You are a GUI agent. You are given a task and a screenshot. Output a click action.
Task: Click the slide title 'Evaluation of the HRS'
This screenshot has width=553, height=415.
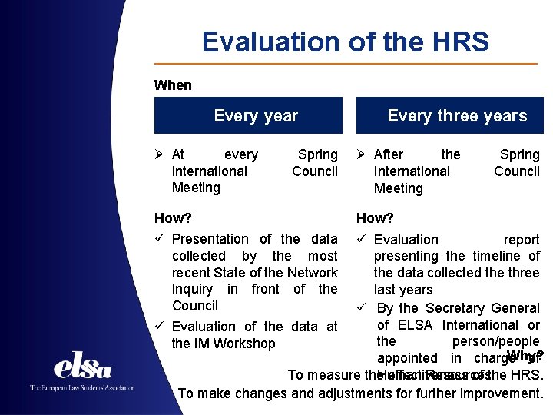pos(345,41)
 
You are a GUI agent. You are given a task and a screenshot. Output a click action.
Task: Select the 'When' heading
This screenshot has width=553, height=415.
pos(173,85)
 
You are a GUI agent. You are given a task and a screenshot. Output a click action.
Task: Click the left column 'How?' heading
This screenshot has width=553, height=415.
pos(173,218)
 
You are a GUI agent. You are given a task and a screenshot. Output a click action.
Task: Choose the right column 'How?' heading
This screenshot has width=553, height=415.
pos(375,218)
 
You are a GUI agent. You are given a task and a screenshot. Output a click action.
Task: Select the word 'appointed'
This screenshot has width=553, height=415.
pos(407,358)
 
